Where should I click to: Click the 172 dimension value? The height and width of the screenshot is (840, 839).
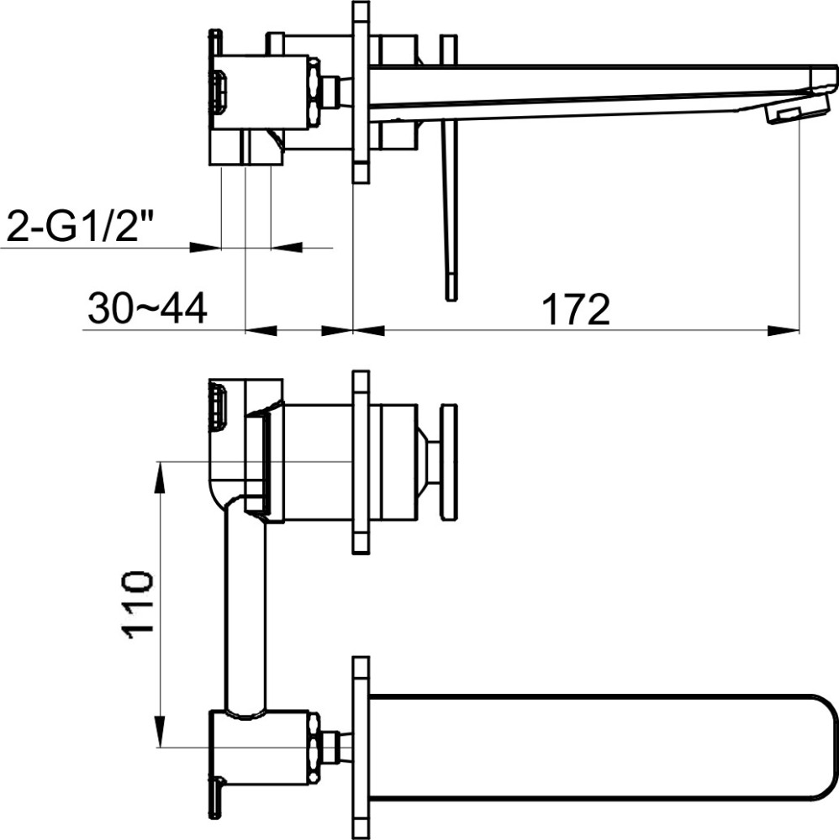point(576,309)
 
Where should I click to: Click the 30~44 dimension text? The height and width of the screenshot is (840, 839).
point(147,309)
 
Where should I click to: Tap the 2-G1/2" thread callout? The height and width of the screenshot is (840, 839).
point(77,226)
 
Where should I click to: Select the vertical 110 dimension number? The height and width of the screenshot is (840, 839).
point(140,604)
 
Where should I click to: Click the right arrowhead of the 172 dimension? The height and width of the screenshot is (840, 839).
point(784,330)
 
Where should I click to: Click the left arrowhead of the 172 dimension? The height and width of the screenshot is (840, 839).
point(369,330)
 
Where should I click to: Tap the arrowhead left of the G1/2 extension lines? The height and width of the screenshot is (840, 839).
point(206,248)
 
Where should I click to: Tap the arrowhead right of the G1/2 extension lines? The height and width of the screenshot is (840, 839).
point(287,248)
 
